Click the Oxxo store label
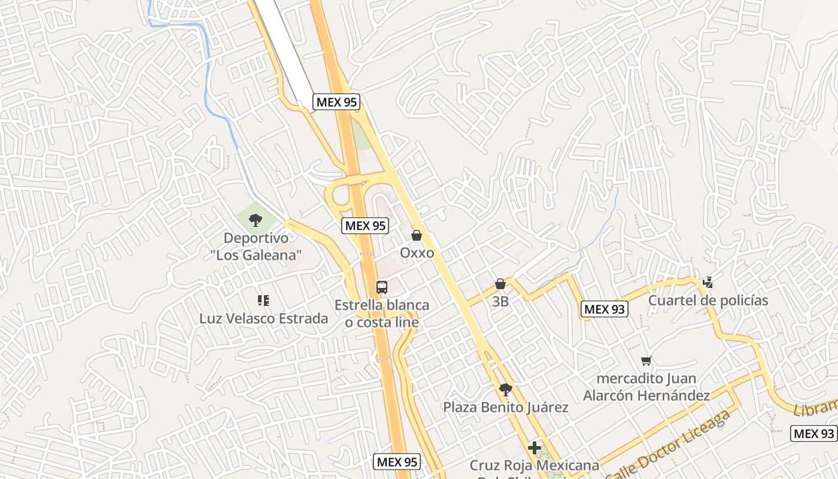(x=417, y=253)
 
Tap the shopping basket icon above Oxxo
(x=417, y=235)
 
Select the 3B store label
(x=500, y=302)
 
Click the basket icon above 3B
(x=500, y=284)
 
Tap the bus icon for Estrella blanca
(x=382, y=287)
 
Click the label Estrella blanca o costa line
(x=382, y=314)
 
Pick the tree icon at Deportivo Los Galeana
(x=256, y=220)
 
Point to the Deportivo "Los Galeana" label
(x=256, y=247)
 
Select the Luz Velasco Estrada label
(x=263, y=319)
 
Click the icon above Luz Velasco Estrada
(x=263, y=300)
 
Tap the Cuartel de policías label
(x=708, y=301)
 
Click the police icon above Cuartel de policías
(x=708, y=282)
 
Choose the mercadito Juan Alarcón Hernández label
(x=646, y=387)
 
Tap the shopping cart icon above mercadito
(x=646, y=360)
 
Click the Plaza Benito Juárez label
(x=506, y=408)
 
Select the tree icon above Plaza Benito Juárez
(x=506, y=390)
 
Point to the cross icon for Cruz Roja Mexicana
(x=535, y=448)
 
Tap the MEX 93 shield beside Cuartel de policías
(x=604, y=309)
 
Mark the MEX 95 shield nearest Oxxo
(x=365, y=226)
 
